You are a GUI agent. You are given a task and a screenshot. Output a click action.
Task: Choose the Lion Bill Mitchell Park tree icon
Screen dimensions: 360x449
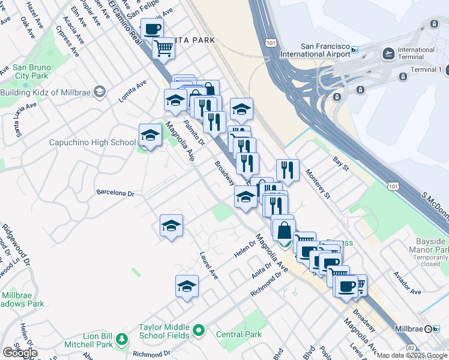pos(122,340)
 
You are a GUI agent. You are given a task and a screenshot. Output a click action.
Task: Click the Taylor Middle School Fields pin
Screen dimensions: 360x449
pos(199,331)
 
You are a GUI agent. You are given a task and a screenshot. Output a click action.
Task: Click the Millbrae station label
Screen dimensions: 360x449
pos(410,329)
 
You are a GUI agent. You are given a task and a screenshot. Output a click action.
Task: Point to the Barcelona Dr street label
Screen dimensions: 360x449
pos(115,193)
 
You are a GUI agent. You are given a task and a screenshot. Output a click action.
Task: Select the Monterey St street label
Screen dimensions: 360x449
pos(318,182)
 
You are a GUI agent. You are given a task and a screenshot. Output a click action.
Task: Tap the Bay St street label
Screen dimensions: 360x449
pos(340,163)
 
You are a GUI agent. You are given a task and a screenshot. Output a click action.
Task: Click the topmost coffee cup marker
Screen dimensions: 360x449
pos(152,29)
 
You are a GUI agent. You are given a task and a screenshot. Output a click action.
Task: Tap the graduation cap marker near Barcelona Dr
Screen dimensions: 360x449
pos(171,226)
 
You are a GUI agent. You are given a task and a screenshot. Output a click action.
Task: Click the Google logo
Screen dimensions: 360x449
pos(20,353)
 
